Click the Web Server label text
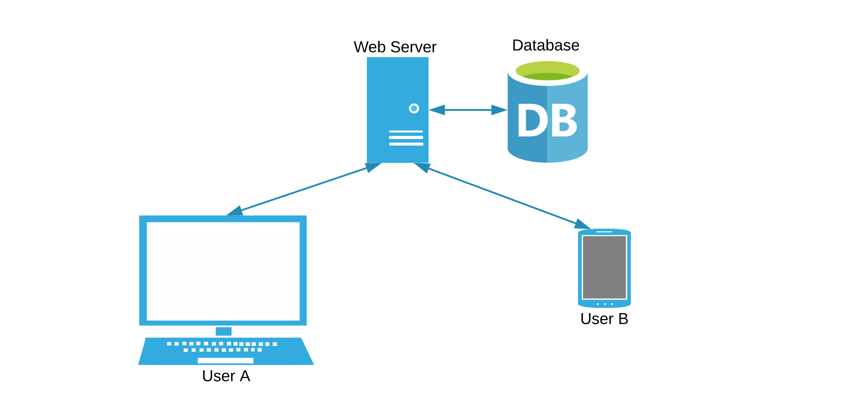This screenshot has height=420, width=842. pyautogui.click(x=395, y=47)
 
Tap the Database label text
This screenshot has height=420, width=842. pyautogui.click(x=545, y=45)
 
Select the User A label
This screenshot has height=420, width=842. pyautogui.click(x=226, y=376)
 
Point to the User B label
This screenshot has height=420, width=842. pyautogui.click(x=604, y=319)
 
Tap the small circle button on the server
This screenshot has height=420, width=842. pyautogui.click(x=414, y=109)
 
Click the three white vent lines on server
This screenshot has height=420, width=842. pyautogui.click(x=406, y=138)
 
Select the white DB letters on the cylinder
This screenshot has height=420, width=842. pyautogui.click(x=547, y=121)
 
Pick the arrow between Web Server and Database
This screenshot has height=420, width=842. pyautogui.click(x=468, y=110)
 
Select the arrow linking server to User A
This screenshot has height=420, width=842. pyautogui.click(x=304, y=189)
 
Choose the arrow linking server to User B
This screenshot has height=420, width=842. pyautogui.click(x=502, y=196)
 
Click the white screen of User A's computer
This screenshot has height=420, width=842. pyautogui.click(x=223, y=271)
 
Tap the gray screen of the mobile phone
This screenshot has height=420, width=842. pyautogui.click(x=604, y=267)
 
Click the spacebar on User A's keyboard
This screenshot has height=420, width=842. pyautogui.click(x=225, y=361)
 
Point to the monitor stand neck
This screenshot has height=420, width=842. pyautogui.click(x=223, y=331)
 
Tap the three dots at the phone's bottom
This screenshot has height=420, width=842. pyautogui.click(x=604, y=304)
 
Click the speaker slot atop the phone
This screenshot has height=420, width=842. pyautogui.click(x=604, y=232)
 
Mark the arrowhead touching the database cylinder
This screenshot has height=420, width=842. pyautogui.click(x=499, y=110)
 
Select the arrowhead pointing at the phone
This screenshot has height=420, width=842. pyautogui.click(x=582, y=224)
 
